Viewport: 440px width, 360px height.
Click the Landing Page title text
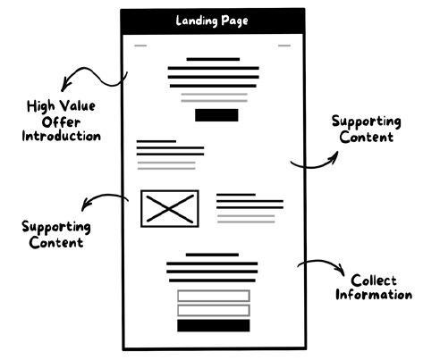[212, 21]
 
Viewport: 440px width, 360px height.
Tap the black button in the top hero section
[216, 115]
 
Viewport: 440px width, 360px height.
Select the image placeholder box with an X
[170, 208]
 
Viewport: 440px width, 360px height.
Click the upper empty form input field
[214, 296]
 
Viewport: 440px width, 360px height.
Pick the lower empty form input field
[214, 310]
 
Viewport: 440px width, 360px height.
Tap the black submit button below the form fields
[214, 325]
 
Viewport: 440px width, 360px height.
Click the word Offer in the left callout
[61, 122]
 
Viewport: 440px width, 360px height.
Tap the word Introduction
[62, 136]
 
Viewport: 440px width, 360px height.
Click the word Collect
[374, 280]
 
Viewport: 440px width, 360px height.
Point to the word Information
[374, 295]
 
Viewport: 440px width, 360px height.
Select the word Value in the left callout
[78, 106]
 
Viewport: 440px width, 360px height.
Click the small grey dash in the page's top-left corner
[140, 46]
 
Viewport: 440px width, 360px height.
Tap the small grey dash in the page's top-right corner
[284, 46]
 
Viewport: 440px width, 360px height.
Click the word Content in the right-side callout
[367, 137]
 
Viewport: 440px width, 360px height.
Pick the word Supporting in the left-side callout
[56, 227]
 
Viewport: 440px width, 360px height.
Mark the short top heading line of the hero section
[213, 59]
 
